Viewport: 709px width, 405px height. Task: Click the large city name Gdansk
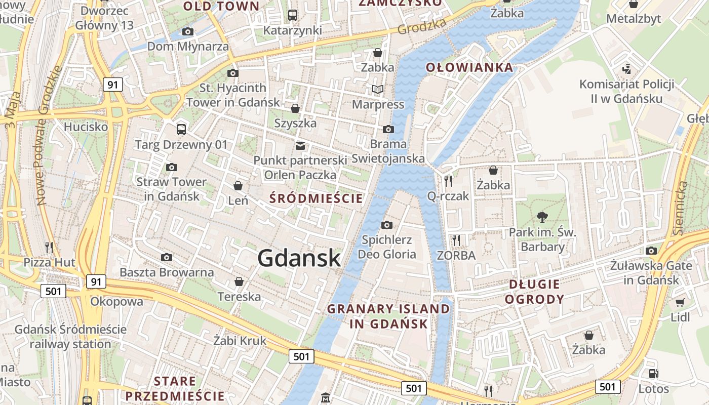[x=299, y=258]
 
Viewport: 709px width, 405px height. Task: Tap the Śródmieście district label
[x=316, y=198]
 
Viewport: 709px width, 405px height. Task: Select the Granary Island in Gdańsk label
[x=388, y=316]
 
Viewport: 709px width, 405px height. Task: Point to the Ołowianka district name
[x=469, y=67]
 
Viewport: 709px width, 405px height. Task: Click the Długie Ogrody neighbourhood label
[x=534, y=291]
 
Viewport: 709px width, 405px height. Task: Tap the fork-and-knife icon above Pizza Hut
[x=49, y=247]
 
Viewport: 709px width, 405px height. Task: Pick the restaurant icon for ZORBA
[x=456, y=240]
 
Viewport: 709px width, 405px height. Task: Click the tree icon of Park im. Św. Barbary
[x=542, y=217]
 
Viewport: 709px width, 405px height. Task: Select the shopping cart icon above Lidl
[x=680, y=302]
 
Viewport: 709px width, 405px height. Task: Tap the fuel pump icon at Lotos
[x=653, y=374]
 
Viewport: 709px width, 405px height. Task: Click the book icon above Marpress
[x=378, y=89]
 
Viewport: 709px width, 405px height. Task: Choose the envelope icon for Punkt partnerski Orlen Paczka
[x=300, y=146]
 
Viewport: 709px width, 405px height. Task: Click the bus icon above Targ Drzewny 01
[x=181, y=129]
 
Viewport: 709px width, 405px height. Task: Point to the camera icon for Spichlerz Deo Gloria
[x=387, y=225]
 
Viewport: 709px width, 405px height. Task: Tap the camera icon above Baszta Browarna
[x=167, y=258]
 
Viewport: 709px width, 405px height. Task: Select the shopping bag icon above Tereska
[x=239, y=281]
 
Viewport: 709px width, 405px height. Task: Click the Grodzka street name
[x=422, y=26]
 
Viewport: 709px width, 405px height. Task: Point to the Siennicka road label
[x=680, y=208]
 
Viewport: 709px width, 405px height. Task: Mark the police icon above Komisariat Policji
[x=626, y=68]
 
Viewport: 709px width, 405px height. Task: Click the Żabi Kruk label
[x=240, y=341]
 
